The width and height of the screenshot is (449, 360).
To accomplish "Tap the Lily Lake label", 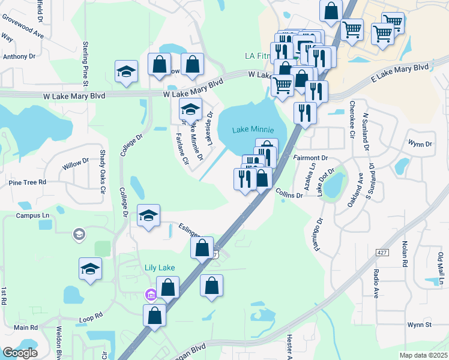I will click(x=158, y=267).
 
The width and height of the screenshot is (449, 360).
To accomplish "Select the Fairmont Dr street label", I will click(x=310, y=158).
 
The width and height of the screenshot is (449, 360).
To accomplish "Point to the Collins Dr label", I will click(x=289, y=195).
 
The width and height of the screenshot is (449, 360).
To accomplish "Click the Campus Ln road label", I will click(x=32, y=215).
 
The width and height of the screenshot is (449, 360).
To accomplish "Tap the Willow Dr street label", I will click(x=76, y=161).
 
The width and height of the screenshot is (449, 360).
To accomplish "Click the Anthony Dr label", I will click(x=19, y=56).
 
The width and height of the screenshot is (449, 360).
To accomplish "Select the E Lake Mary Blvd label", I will click(x=399, y=73).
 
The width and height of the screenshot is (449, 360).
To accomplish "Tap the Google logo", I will click(x=20, y=353).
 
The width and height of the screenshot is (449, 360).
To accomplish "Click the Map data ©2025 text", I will click(x=423, y=355).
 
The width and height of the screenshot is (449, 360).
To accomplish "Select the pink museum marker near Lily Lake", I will click(x=150, y=294).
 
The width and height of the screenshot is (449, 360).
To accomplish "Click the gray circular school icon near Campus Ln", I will click(x=79, y=234).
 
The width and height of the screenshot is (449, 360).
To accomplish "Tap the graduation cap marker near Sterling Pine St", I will click(x=126, y=71).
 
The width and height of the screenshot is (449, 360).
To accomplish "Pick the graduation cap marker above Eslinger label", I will click(x=148, y=215).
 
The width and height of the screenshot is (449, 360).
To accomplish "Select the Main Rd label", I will click(x=26, y=328).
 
